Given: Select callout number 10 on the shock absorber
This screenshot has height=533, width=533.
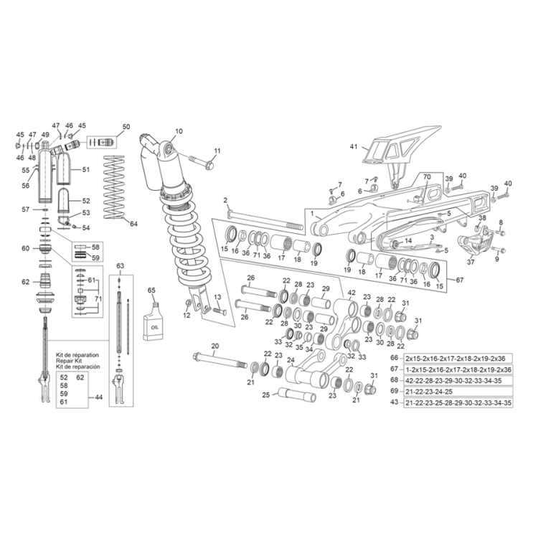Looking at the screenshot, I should click(179, 131).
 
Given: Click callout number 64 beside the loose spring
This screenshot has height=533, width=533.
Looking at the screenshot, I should click(133, 224).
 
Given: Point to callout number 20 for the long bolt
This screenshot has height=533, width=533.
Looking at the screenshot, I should click(215, 346).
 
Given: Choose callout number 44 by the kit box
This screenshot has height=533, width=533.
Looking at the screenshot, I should click(99, 397).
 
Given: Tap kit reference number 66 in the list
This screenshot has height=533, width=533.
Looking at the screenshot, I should click(393, 357).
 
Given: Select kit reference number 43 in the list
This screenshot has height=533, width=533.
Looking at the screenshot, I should click(393, 402).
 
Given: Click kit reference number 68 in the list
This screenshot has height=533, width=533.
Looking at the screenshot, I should click(393, 379).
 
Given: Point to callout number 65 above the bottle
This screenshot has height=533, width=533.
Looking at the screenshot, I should click(151, 289).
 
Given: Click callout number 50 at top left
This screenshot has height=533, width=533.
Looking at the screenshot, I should click(126, 127).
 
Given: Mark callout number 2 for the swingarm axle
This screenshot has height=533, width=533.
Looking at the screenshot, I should click(225, 200).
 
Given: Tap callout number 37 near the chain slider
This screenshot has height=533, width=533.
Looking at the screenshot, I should click(471, 262).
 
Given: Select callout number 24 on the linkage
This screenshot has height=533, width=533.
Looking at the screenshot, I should click(291, 361).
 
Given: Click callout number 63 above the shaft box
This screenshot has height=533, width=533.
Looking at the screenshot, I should click(121, 265).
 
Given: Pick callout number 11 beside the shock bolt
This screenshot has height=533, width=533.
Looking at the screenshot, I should click(217, 150).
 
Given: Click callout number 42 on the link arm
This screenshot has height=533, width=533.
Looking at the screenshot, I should click(352, 292).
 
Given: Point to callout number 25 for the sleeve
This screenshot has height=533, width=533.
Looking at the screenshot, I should click(265, 394).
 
